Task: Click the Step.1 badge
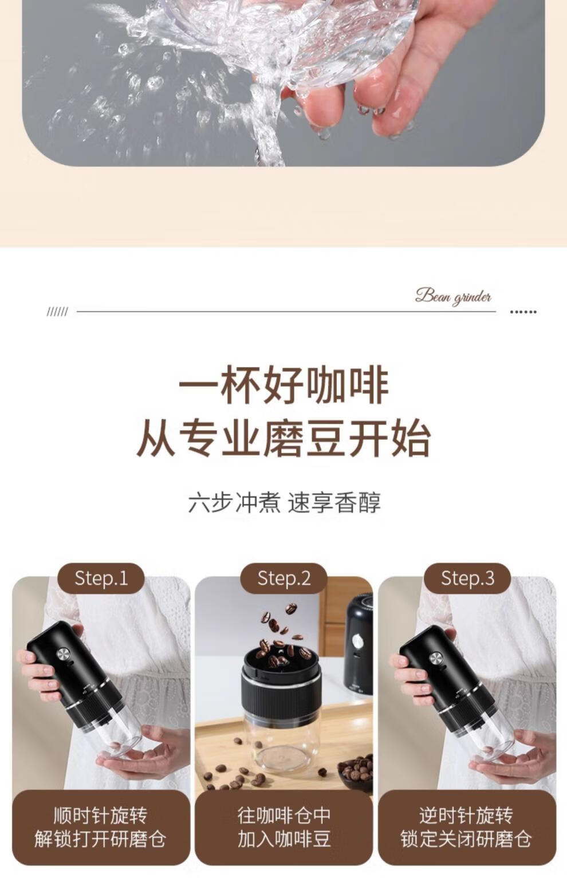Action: point(101,578)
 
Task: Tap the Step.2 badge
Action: point(283,578)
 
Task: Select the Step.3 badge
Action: point(467,578)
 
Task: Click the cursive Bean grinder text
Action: point(453,296)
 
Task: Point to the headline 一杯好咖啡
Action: point(283,385)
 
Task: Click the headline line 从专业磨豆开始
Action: point(283,438)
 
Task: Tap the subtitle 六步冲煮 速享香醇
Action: point(284,503)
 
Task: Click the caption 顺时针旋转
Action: point(101,816)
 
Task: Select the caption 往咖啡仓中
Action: point(284,816)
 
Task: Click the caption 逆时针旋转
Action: point(466,816)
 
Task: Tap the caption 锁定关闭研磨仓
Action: point(466,839)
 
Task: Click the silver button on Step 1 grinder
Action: point(64,654)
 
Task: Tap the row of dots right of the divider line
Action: point(523,312)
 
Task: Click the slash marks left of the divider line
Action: point(57,312)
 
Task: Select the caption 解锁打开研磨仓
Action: point(100,839)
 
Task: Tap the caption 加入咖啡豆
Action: point(284,839)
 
